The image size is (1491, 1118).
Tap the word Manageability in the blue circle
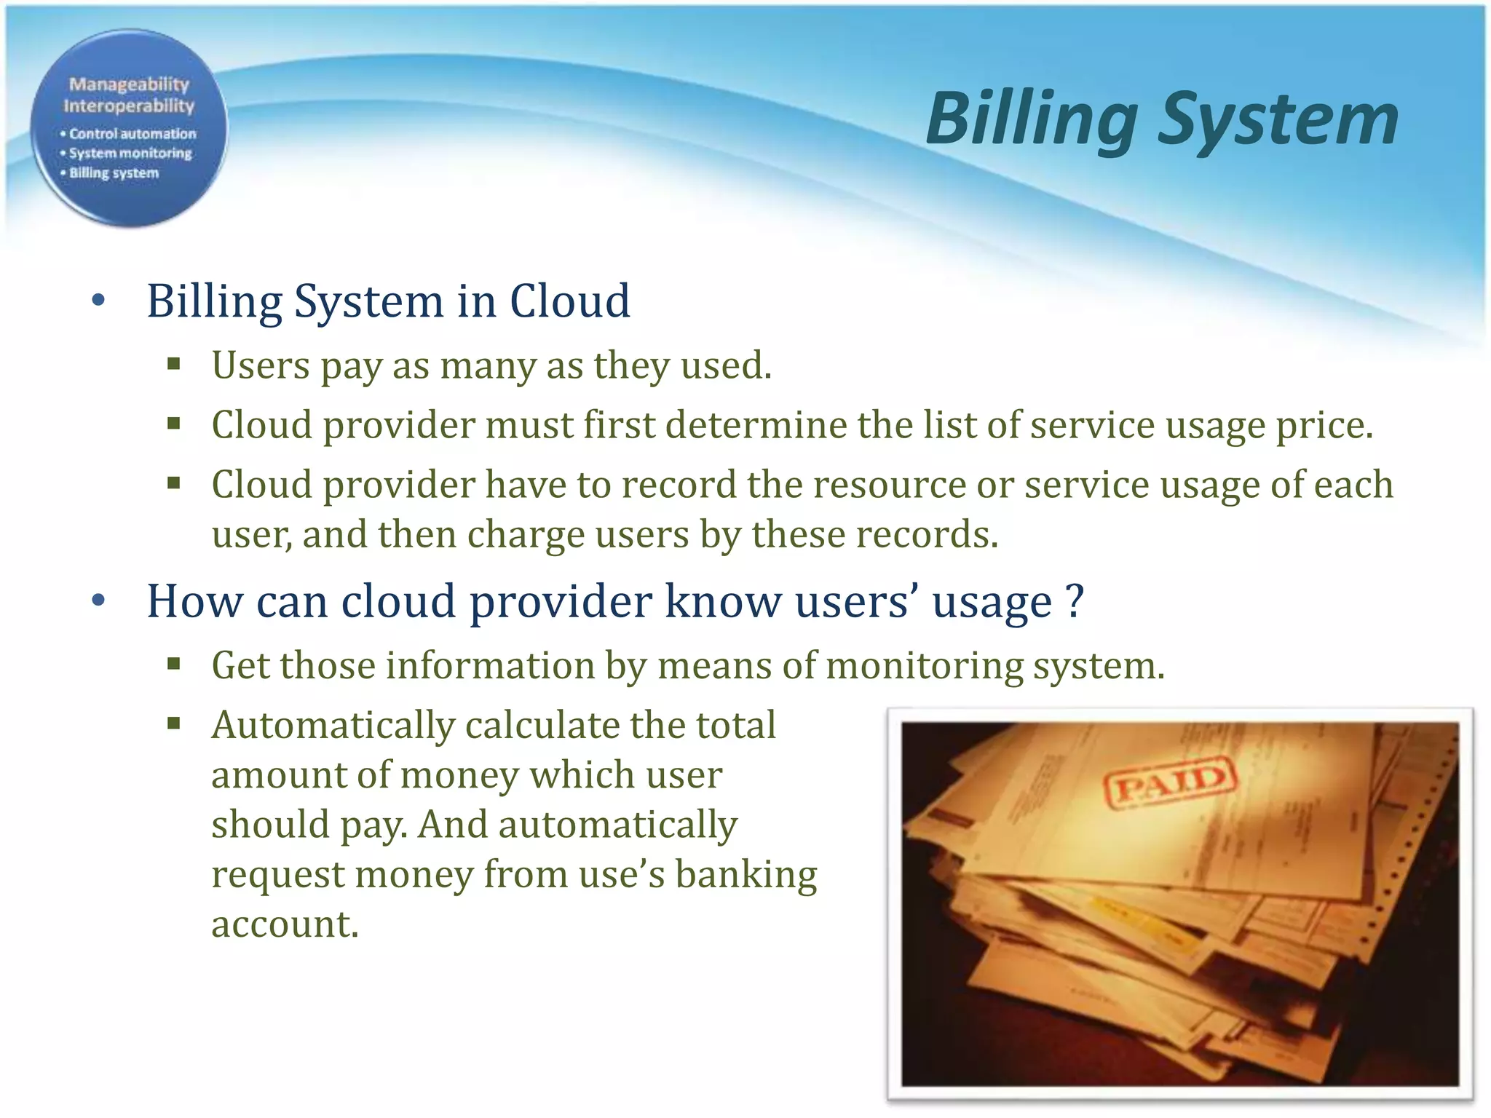[x=129, y=84]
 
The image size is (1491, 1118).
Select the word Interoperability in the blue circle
[x=129, y=106]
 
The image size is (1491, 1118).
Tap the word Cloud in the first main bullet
[x=569, y=301]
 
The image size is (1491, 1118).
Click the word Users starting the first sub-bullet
[x=260, y=365]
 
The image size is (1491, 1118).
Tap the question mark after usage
[x=1075, y=602]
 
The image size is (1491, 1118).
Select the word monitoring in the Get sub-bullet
[x=925, y=666]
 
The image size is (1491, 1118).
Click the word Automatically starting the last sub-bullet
[x=333, y=726]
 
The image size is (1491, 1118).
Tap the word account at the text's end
[x=285, y=924]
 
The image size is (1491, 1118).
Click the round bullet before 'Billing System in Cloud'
[x=99, y=301]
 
